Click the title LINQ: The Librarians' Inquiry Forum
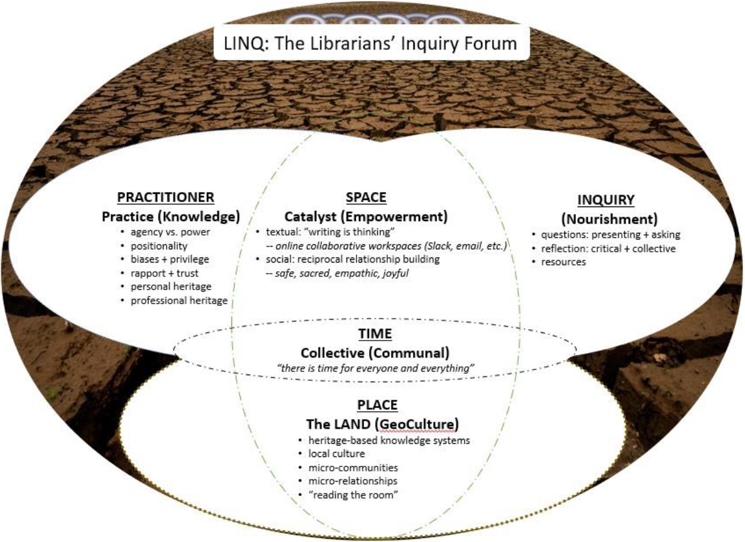371,43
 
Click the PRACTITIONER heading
166,198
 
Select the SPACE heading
366,198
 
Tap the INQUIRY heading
605,201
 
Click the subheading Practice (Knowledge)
171,217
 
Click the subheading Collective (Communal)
373,352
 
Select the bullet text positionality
159,246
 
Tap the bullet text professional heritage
179,301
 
